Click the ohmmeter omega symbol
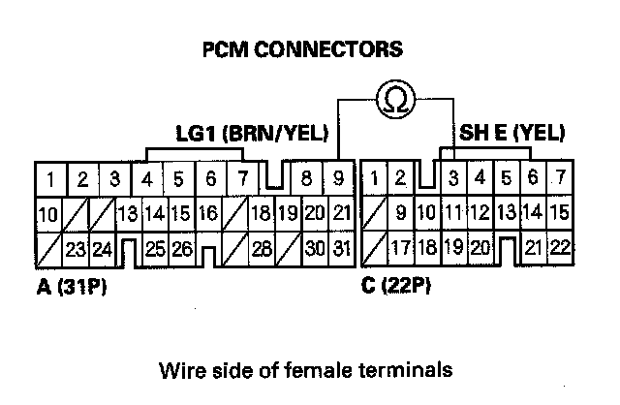[x=396, y=100]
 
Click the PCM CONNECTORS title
[x=300, y=47]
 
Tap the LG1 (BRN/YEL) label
[x=251, y=134]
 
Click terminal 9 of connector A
[x=338, y=179]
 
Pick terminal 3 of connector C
[x=452, y=179]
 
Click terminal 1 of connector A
[x=50, y=179]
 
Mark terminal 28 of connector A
[x=260, y=249]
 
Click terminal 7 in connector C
[x=558, y=179]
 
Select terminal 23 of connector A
[x=77, y=249]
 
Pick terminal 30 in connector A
[x=312, y=249]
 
